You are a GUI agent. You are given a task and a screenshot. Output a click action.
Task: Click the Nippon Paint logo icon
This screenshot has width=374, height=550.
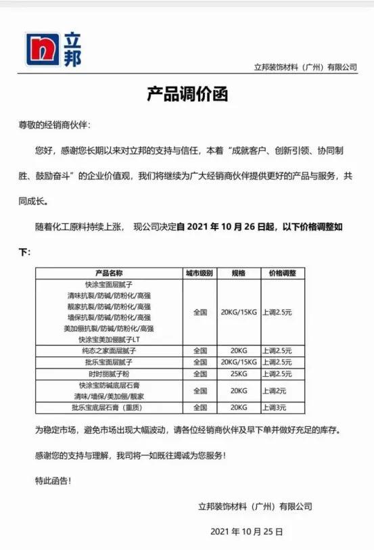pos(43,49)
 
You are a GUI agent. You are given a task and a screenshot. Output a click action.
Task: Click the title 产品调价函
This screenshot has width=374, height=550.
pos(186,94)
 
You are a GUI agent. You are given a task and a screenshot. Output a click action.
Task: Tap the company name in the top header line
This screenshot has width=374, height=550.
pos(305,68)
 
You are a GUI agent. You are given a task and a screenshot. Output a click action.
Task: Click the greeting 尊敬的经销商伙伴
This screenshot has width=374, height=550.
pos(53,125)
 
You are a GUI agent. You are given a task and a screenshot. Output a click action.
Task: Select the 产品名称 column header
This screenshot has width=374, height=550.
pos(109,273)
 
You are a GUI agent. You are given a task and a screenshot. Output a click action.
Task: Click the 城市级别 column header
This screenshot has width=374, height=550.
pos(200,273)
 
